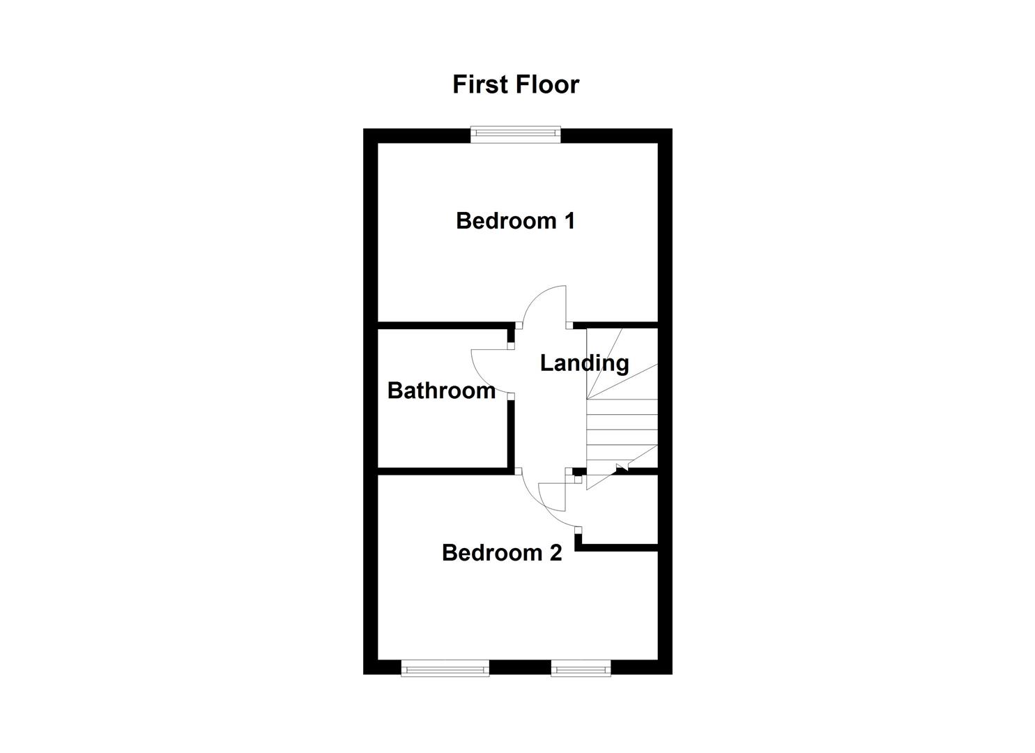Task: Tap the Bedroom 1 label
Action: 515,221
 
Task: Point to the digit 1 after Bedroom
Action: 569,221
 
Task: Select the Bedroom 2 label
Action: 501,553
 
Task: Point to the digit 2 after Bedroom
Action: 555,553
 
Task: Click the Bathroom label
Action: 440,390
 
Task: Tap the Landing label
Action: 584,363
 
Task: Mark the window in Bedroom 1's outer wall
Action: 515,134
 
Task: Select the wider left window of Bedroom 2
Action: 445,669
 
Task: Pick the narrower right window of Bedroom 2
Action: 581,669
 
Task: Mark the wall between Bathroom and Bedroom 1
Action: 443,325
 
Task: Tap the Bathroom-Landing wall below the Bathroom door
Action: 511,432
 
